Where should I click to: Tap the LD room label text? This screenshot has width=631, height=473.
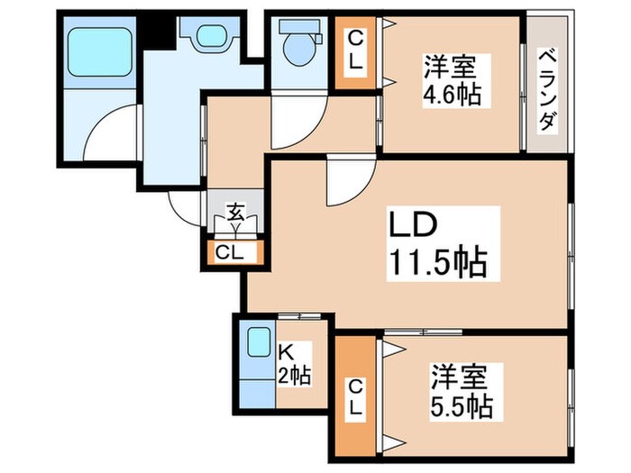tap(413, 224)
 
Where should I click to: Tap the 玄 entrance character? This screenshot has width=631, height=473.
tap(234, 214)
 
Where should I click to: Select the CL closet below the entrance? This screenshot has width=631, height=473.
tap(229, 252)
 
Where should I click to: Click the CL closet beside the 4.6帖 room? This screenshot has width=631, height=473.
tap(355, 53)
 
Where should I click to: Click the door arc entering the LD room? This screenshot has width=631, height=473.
tap(343, 185)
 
